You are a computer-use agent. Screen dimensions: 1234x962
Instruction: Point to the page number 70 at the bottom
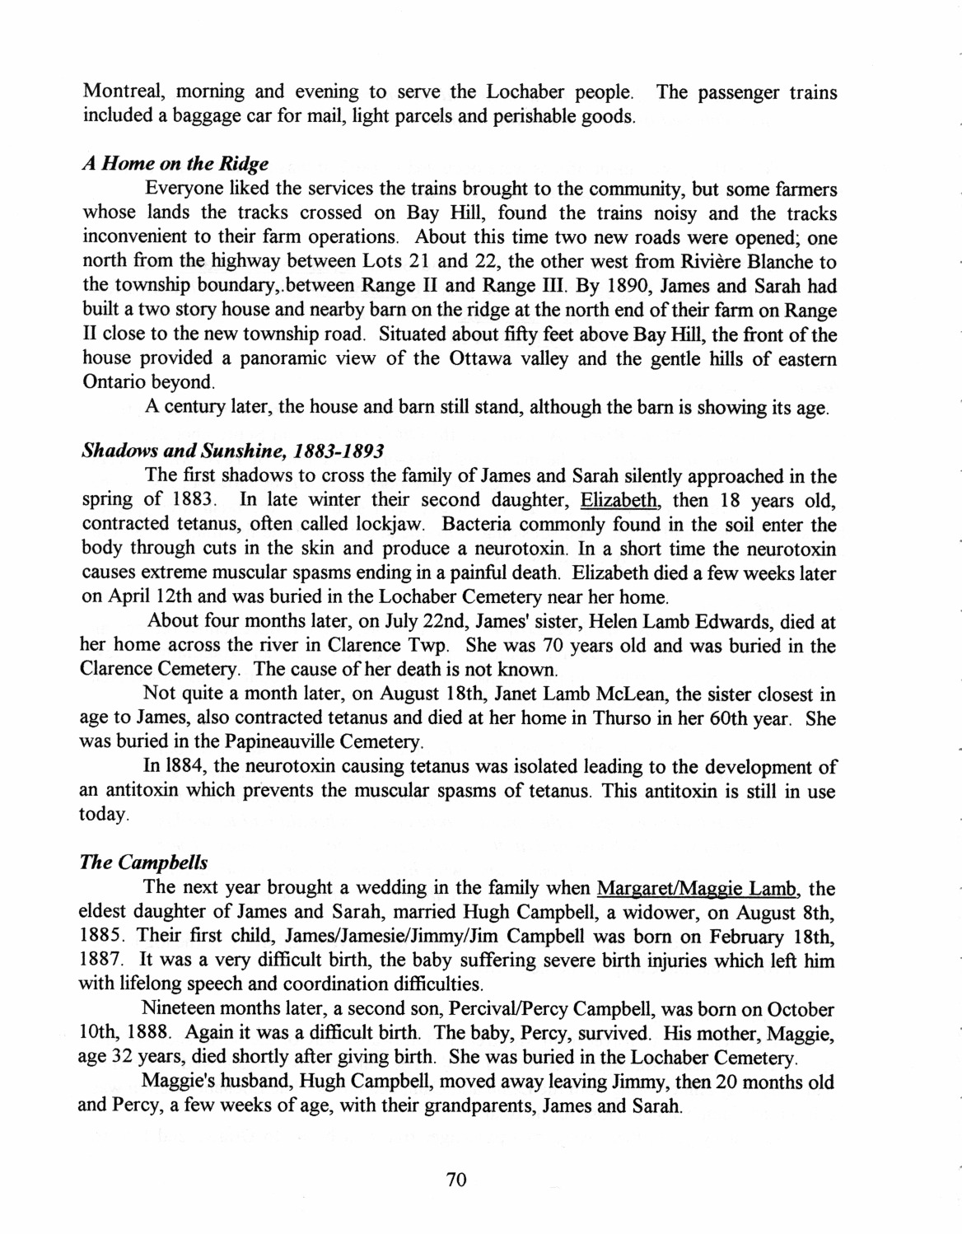456,1180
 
